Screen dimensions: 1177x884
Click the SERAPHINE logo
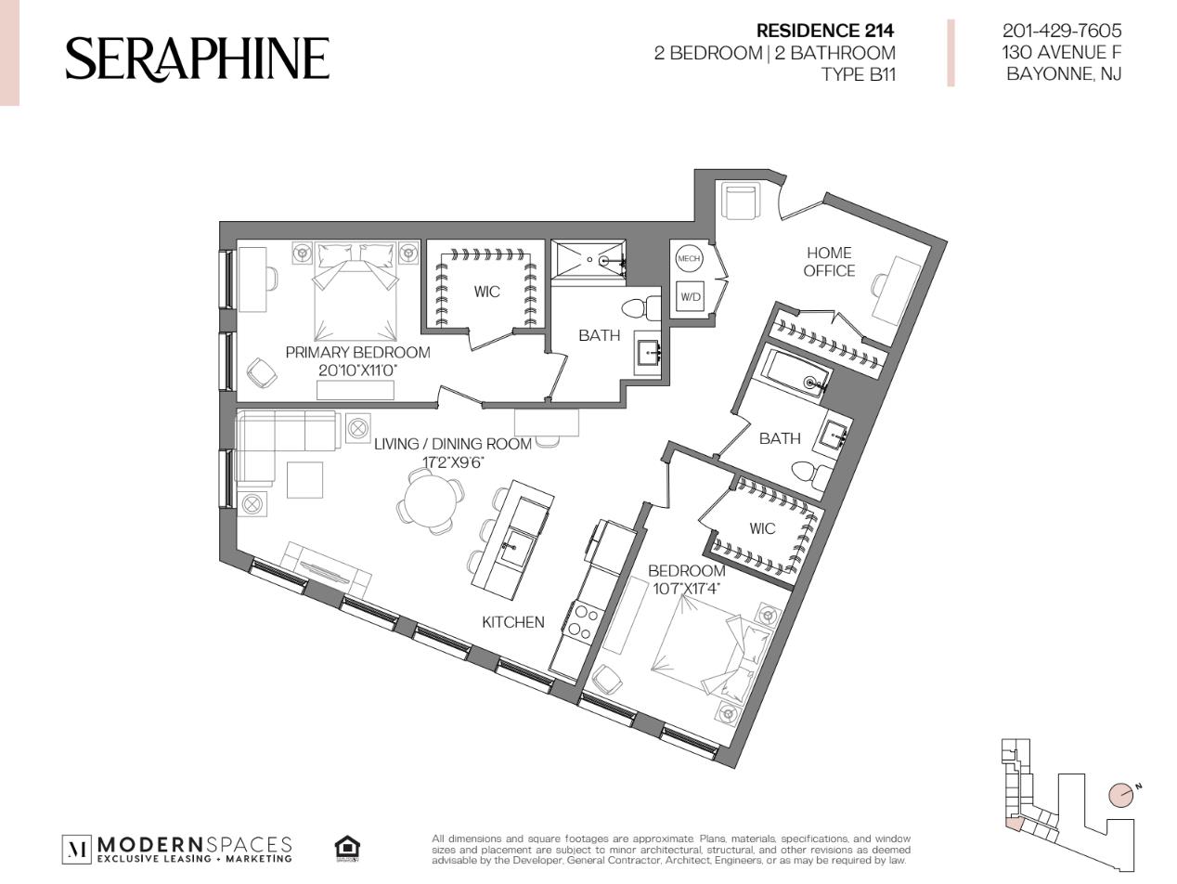(198, 58)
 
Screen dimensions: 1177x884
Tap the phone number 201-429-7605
(1062, 31)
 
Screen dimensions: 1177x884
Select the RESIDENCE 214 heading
(825, 32)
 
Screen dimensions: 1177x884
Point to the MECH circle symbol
(689, 258)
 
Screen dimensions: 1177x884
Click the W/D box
(690, 296)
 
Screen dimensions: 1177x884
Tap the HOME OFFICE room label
(829, 262)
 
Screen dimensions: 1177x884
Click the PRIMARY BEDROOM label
(357, 353)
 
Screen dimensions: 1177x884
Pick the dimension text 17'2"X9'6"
(453, 462)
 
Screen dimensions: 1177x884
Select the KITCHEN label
(513, 622)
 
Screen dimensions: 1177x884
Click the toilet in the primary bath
(641, 308)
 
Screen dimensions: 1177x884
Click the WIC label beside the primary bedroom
(487, 292)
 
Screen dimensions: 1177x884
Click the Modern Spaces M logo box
(77, 849)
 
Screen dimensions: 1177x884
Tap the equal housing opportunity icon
(347, 849)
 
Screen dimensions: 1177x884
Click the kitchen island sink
(512, 547)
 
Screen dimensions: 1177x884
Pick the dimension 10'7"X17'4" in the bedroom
(686, 589)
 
